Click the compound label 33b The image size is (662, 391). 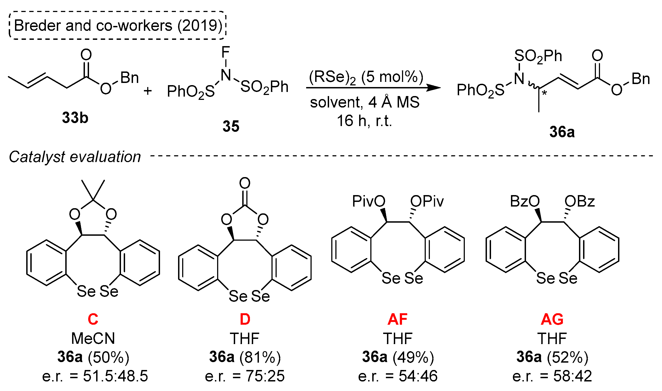(75, 118)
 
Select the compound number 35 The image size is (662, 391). (231, 126)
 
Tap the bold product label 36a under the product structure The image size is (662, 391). (562, 132)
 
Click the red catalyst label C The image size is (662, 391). (93, 319)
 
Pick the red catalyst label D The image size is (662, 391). (245, 319)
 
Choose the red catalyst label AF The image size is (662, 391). (397, 319)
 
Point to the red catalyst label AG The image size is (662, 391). (552, 319)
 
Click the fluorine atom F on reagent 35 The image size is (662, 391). (226, 52)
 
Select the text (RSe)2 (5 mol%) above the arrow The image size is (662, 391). (366, 77)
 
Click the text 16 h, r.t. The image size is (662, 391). (364, 121)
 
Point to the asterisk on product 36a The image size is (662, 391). (544, 94)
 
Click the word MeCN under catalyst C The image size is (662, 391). (93, 338)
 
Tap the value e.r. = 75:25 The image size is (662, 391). (245, 376)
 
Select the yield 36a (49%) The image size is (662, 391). (398, 357)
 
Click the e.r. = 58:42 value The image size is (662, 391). (552, 376)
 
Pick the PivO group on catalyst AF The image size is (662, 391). (368, 201)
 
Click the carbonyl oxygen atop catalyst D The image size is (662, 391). (245, 183)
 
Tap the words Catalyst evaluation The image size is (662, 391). (75, 157)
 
